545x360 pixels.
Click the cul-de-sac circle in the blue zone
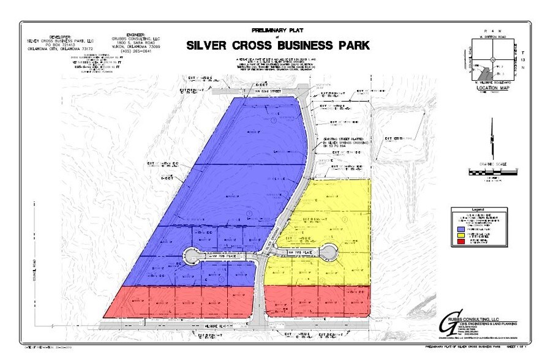pyautogui.click(x=192, y=255)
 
